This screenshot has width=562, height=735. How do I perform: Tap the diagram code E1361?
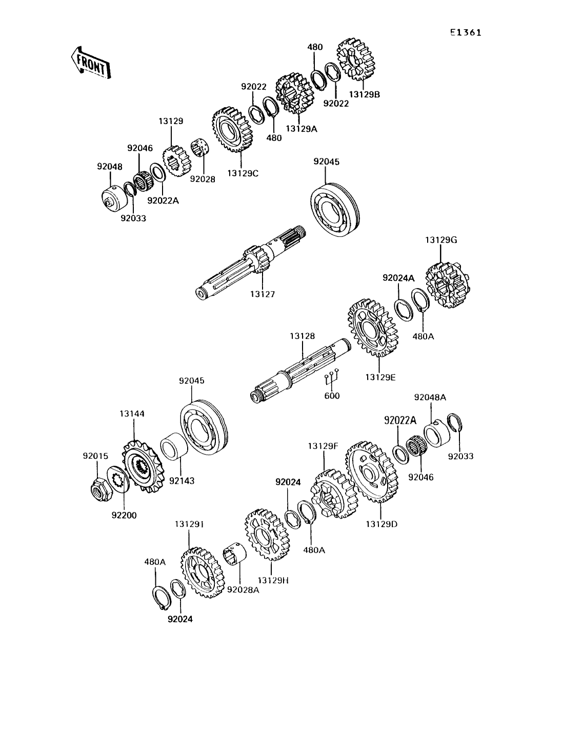[466, 33]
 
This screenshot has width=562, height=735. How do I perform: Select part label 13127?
[263, 294]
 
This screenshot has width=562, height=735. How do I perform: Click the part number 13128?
[302, 336]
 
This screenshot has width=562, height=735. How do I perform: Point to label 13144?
[132, 427]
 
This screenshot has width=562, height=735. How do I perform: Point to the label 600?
[332, 396]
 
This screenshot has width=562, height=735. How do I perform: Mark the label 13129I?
[189, 524]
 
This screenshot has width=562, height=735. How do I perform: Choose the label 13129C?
[241, 173]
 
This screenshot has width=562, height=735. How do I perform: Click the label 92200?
[124, 515]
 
